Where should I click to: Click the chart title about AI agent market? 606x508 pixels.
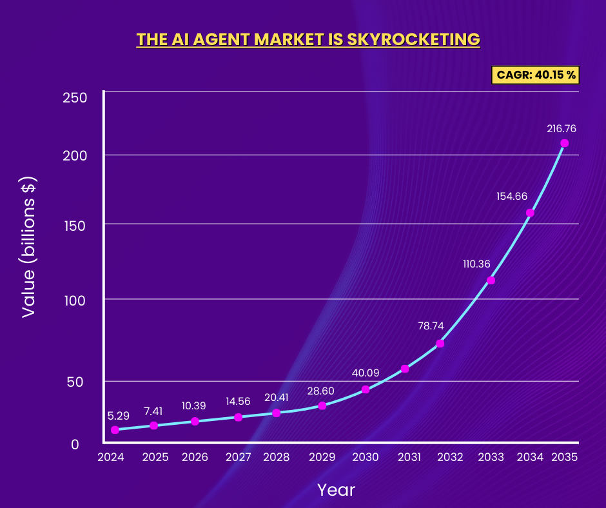(x=308, y=39)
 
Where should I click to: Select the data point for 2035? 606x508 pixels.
(x=564, y=143)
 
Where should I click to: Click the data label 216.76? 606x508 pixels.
(x=561, y=128)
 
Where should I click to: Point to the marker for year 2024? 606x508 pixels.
(x=115, y=430)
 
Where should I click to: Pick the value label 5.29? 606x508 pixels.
(x=119, y=416)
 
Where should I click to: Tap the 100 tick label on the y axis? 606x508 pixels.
(x=75, y=300)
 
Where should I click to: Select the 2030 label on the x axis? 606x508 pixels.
(x=365, y=457)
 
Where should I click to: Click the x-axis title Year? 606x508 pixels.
(x=336, y=490)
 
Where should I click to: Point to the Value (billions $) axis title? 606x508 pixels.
(x=29, y=247)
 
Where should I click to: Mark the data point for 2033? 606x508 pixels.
(x=491, y=280)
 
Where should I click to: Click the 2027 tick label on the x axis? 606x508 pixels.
(x=238, y=457)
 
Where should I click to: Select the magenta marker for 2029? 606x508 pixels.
(x=322, y=405)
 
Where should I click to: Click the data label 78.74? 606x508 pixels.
(x=431, y=326)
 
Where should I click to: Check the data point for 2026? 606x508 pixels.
(x=195, y=421)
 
